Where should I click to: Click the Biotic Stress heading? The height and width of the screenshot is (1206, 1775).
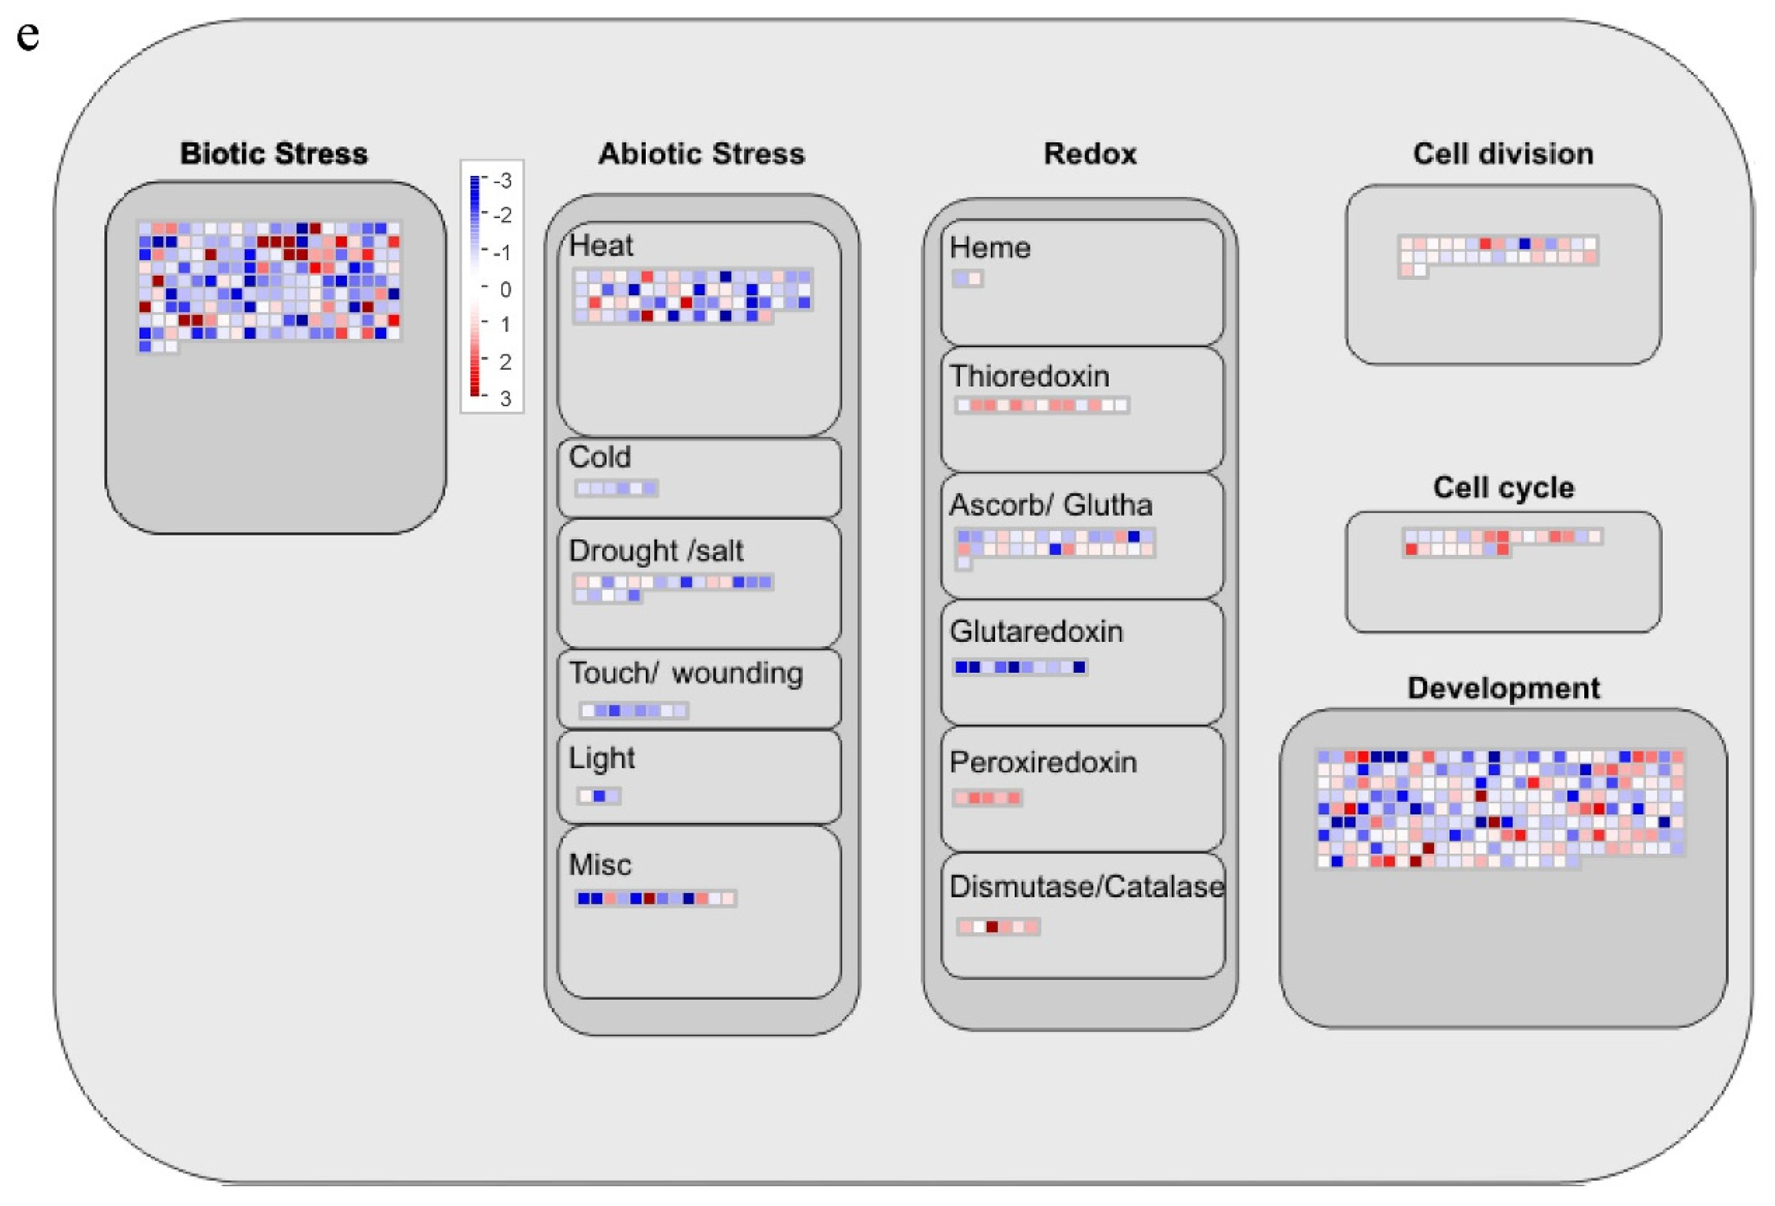(274, 154)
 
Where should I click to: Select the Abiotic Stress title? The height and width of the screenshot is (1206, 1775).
(701, 154)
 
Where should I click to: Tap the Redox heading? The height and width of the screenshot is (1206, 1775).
(1090, 154)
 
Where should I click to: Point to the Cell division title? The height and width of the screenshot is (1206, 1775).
(1502, 154)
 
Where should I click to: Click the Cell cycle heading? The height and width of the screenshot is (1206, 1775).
(1503, 488)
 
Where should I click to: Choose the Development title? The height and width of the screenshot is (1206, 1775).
(1503, 688)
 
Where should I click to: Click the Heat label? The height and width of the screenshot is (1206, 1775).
(601, 246)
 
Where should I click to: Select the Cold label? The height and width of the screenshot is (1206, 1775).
(600, 457)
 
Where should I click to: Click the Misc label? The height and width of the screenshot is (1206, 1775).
(601, 865)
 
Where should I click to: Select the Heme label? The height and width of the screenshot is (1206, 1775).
(990, 247)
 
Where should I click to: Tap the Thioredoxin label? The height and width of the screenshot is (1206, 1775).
(1029, 376)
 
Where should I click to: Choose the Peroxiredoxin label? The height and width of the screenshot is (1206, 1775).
(1043, 762)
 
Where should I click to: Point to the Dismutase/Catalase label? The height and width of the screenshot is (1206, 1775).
(1086, 887)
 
